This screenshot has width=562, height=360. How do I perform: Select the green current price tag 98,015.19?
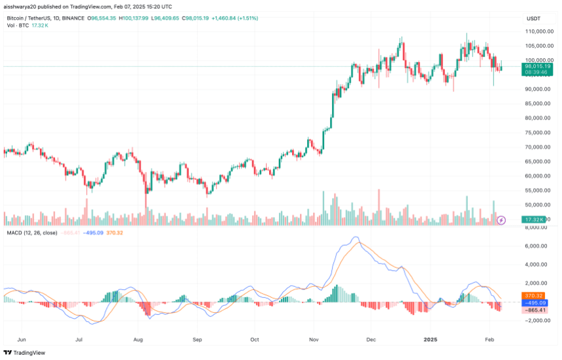[537, 67]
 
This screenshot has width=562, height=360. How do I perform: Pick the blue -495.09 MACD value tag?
[534, 303]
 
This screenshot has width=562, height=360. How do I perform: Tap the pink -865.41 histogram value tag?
[534, 310]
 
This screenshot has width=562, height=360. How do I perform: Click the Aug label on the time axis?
[139, 340]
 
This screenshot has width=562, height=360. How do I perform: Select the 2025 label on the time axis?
[431, 340]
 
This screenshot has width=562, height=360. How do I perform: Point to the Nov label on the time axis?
[314, 340]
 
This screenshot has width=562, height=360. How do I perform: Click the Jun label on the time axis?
[21, 340]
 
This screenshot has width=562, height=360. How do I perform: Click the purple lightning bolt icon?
[501, 220]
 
